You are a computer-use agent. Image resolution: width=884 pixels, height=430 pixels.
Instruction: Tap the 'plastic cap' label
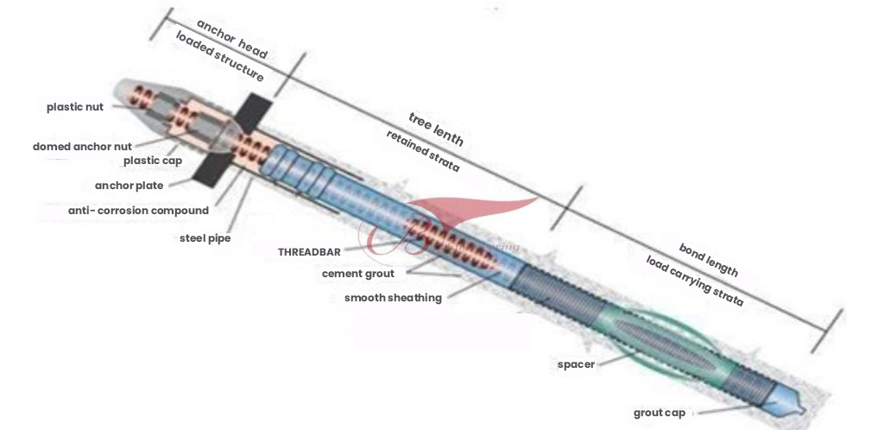point(153,161)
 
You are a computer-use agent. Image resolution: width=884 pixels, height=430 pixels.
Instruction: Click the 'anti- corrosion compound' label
point(138,211)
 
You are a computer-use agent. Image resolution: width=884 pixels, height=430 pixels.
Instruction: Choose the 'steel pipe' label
point(205,237)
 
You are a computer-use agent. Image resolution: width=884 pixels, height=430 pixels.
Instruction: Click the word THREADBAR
point(309,252)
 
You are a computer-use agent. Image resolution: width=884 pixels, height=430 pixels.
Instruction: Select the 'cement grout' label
point(357,274)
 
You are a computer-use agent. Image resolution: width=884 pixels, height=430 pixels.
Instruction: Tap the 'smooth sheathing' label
point(393,298)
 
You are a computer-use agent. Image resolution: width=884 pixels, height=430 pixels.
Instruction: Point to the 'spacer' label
point(576,364)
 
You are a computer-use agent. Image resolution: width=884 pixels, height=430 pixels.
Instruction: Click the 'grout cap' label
point(660,413)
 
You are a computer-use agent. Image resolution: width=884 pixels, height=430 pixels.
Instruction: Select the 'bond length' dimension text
point(708,259)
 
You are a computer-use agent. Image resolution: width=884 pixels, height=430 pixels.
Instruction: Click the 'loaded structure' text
point(219,58)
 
